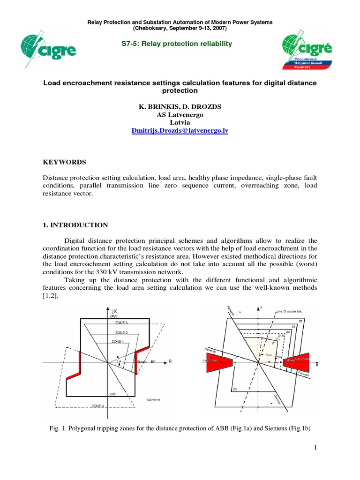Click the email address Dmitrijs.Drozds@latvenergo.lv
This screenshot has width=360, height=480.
pyautogui.click(x=180, y=131)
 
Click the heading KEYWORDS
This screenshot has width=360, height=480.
pyautogui.click(x=64, y=162)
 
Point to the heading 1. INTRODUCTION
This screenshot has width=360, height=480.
pyautogui.click(x=75, y=225)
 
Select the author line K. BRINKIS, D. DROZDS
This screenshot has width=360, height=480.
pyautogui.click(x=180, y=107)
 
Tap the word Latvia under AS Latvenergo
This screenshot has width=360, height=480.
pyautogui.click(x=180, y=123)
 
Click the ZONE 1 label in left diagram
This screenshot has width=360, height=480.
pyautogui.click(x=119, y=342)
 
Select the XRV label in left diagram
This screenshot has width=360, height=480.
pyautogui.click(x=112, y=394)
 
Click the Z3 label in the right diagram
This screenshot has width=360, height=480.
pyautogui.click(x=235, y=390)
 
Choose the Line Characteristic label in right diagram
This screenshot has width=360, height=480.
pyautogui.click(x=289, y=311)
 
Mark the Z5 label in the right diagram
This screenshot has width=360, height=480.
pyautogui.click(x=300, y=321)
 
